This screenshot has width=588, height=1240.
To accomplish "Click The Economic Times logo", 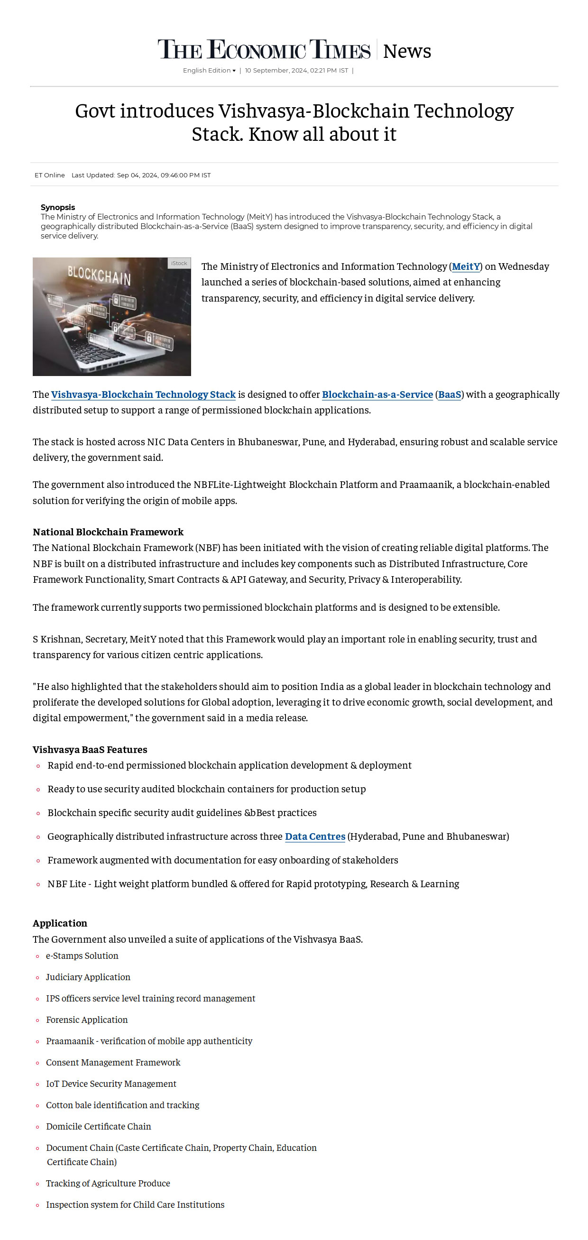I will click(264, 50).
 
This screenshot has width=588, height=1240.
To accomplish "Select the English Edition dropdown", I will click(209, 71).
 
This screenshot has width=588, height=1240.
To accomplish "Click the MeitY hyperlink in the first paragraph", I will click(465, 266).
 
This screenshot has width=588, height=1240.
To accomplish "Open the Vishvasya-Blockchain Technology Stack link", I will click(143, 395).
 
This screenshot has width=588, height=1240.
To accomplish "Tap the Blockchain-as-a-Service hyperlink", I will click(377, 395).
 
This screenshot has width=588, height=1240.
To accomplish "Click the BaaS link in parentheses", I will click(449, 395).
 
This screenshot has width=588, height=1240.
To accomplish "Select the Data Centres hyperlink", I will click(315, 836).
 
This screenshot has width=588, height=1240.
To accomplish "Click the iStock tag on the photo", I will click(179, 263).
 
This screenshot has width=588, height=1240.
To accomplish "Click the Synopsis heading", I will click(58, 208).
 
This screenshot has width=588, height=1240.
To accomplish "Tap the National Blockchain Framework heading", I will click(108, 532).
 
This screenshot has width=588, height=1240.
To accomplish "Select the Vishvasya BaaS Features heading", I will click(90, 750).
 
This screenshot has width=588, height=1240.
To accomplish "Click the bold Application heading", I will click(60, 923).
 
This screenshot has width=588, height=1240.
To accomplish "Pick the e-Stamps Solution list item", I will click(82, 956).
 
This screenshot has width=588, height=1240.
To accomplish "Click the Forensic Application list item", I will click(87, 1020).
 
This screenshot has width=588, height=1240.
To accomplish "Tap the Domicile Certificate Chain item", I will click(98, 1126).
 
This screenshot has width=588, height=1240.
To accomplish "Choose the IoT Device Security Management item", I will click(110, 1084).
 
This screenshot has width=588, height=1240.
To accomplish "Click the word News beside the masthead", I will click(406, 51).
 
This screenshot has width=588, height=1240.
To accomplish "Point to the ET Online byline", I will click(50, 175).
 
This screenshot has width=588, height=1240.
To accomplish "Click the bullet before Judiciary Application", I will click(37, 978).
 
